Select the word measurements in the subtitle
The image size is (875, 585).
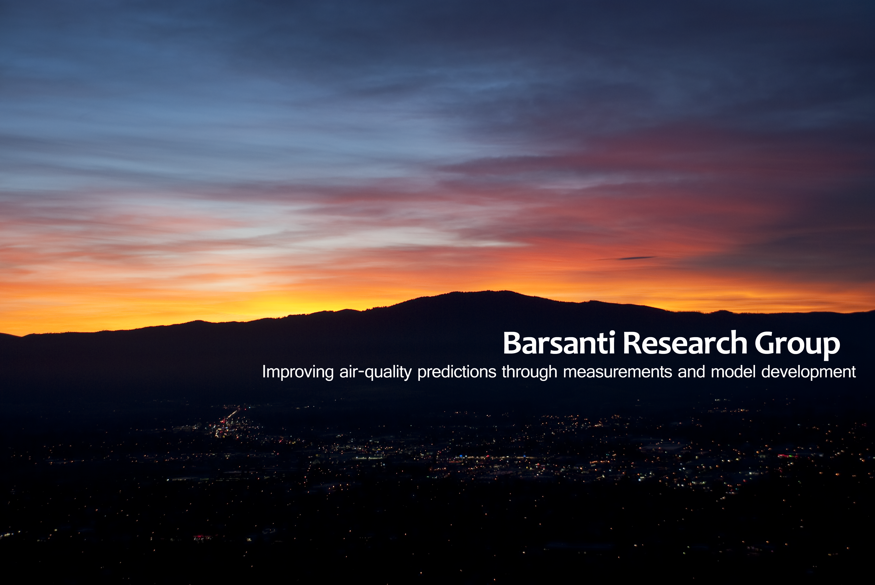pyautogui.click(x=618, y=372)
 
